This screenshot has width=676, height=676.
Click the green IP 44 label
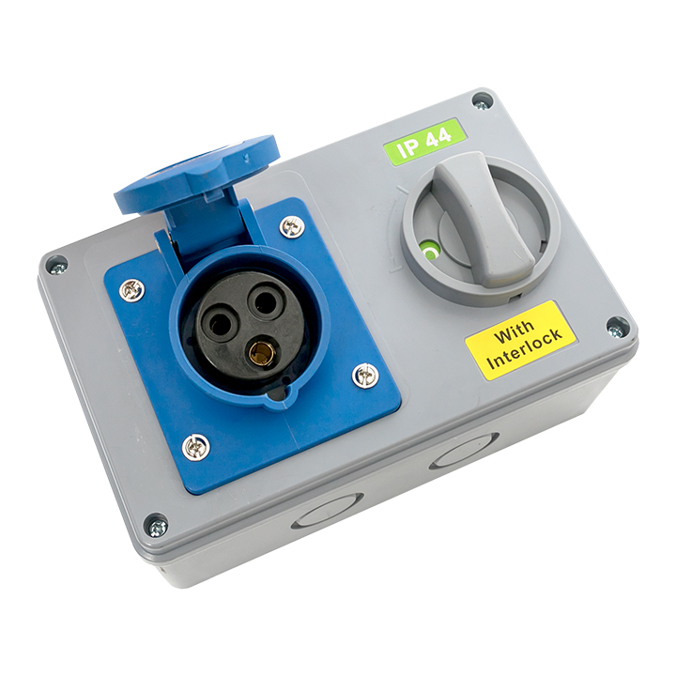click(424, 140)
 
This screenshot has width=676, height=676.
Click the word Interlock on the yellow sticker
click(526, 350)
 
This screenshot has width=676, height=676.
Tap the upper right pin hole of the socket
click(265, 303)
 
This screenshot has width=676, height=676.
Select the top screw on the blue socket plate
click(290, 226)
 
